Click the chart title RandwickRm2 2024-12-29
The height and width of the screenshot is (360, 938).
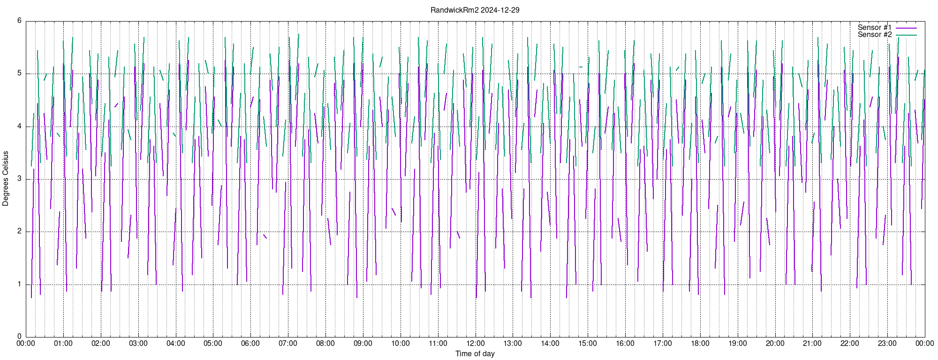475,10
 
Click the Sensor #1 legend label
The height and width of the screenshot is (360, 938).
875,28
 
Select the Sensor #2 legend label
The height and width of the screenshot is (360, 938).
875,35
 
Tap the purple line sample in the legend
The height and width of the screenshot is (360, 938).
906,28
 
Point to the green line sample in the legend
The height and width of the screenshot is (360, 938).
906,35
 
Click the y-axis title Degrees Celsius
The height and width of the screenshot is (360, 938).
6,179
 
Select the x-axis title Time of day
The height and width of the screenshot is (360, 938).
475,353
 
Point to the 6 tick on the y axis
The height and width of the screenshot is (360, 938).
19,21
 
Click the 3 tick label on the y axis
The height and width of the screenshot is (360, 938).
19,179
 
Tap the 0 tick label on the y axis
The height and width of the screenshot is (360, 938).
19,337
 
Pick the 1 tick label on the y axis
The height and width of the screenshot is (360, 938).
19,284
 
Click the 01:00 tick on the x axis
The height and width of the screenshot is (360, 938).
63,343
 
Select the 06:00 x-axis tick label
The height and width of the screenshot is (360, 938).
250,343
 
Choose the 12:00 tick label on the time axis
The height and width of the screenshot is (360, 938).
476,343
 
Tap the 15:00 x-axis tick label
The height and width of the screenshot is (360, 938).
588,343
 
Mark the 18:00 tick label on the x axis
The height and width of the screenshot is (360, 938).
700,343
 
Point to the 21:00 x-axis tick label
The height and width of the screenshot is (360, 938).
812,343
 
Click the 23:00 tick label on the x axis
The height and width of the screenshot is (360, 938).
887,343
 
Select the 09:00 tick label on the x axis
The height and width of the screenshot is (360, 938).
363,343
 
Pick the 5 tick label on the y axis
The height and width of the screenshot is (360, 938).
19,73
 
